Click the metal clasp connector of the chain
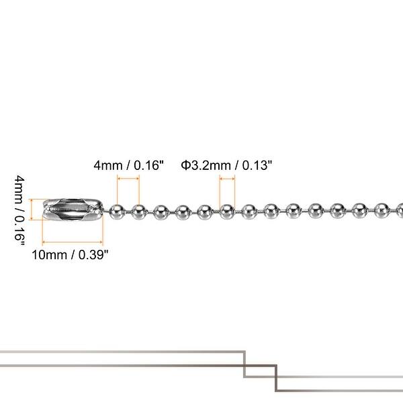click(73, 210)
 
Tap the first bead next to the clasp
click(117, 212)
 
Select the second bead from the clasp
click(139, 212)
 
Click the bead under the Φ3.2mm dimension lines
click(227, 212)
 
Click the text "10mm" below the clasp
click(50, 255)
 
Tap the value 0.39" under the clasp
click(93, 255)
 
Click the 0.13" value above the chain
click(257, 165)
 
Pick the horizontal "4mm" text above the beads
click(108, 165)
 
